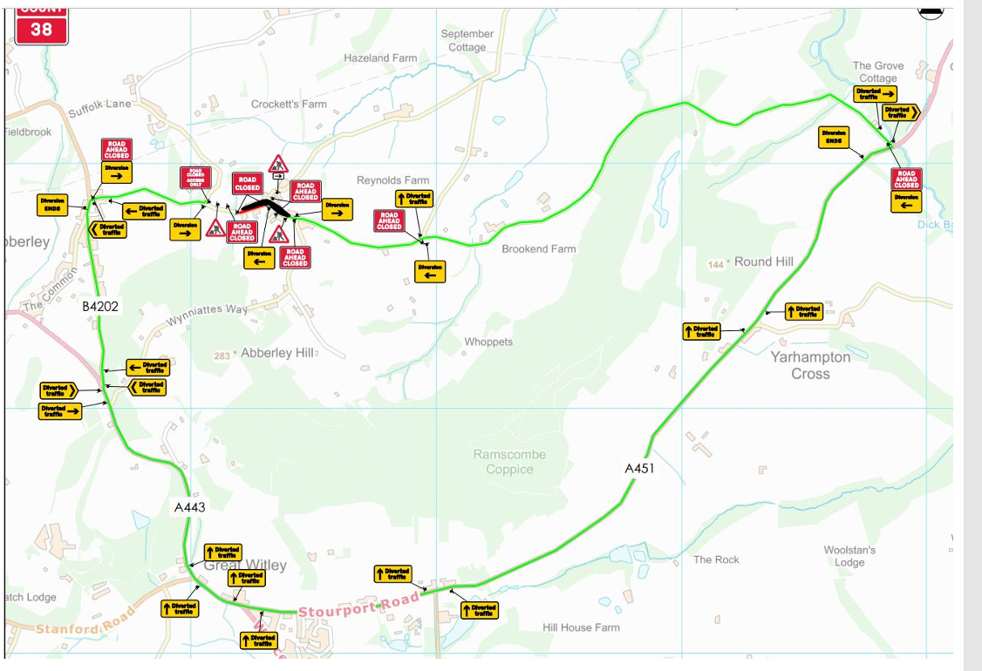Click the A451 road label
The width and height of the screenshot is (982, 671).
(639, 468)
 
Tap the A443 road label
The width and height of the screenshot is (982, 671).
(189, 506)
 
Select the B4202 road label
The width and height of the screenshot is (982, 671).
(100, 307)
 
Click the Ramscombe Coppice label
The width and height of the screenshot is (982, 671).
(509, 462)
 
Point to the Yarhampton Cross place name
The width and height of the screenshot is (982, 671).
(810, 365)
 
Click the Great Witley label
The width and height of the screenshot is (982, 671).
(245, 565)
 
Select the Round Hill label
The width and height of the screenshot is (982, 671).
(763, 261)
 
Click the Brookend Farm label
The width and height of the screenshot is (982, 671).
(539, 248)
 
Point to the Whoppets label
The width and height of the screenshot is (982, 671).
(488, 342)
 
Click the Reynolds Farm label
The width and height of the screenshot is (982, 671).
(393, 180)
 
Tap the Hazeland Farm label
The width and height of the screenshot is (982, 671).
(380, 58)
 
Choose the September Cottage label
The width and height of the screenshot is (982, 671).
(467, 40)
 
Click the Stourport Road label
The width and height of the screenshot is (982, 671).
(358, 606)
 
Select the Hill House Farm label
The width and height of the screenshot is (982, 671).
(581, 627)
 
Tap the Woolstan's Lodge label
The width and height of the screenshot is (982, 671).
(849, 556)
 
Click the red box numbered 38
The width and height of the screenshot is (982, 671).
(41, 30)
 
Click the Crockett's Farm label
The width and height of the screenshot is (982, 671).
(289, 105)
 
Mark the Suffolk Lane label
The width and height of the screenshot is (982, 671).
(99, 108)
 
